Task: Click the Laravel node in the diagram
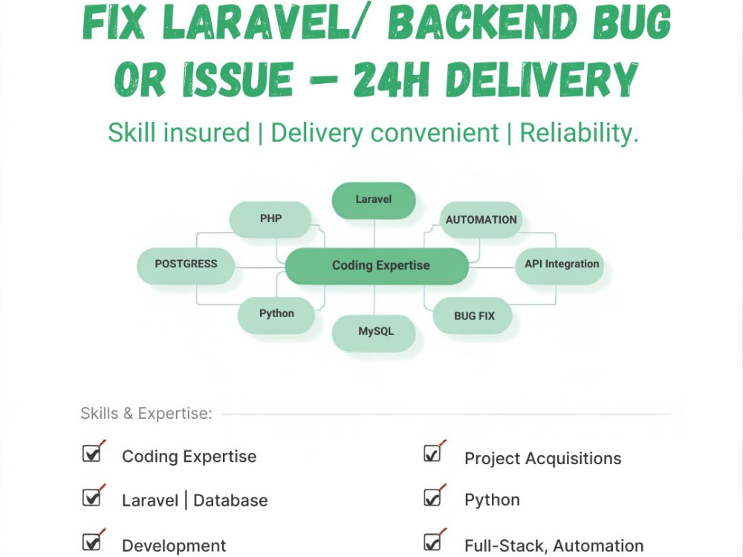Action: [374, 201]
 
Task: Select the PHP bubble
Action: [270, 219]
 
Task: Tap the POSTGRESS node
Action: [186, 266]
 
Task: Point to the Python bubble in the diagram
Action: [276, 315]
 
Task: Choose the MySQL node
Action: [374, 333]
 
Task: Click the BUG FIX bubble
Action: [473, 316]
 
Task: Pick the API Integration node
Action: [559, 266]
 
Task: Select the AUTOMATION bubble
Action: [481, 220]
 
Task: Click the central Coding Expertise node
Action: [377, 266]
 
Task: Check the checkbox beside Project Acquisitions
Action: [432, 453]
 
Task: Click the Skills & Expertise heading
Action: [146, 414]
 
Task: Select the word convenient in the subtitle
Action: [435, 133]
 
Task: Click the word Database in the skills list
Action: [230, 501]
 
